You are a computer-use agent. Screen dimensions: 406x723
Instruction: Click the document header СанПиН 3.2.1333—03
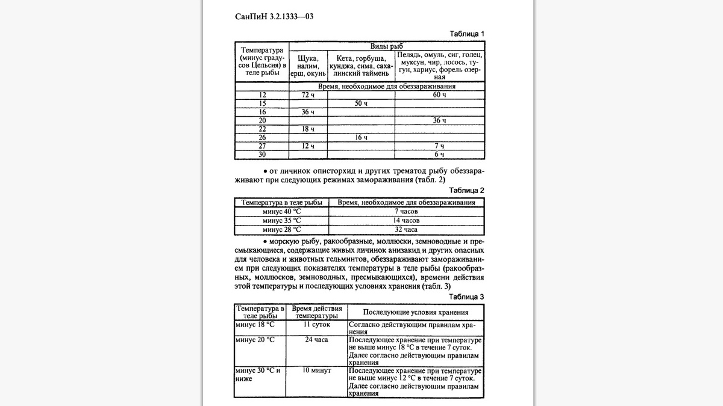pos(274,17)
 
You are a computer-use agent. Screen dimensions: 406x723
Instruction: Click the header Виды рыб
pos(386,46)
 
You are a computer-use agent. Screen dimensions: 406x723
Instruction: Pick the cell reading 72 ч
pos(308,95)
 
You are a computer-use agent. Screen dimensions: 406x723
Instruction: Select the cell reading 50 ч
pos(360,103)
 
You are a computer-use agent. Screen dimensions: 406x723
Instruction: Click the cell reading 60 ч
pos(439,95)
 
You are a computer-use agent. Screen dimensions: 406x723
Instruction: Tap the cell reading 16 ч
pos(360,137)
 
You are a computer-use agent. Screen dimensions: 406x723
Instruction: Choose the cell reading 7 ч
pos(439,146)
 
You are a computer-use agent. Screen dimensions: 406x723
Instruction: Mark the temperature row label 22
pos(262,129)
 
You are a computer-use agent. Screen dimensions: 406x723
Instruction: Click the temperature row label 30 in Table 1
pos(262,155)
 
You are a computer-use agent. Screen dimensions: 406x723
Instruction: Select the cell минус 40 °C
pos(281,212)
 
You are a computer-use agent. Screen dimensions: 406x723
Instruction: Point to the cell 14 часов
pos(406,221)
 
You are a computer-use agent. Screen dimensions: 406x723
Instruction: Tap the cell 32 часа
pos(406,230)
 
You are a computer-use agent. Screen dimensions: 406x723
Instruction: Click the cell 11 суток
pos(316,324)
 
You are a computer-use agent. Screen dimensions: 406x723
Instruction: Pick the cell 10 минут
pos(316,371)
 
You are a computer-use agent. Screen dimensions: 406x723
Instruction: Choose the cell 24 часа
pos(316,340)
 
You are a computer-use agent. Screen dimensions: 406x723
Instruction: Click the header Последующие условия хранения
pos(416,313)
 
